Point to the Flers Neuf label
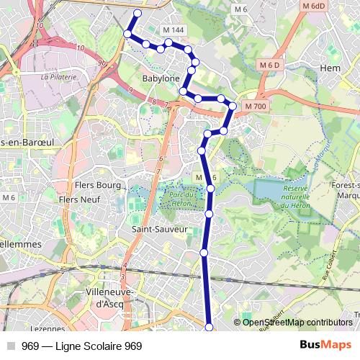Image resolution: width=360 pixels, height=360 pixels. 79,199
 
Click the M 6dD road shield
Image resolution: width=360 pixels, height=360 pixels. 315,6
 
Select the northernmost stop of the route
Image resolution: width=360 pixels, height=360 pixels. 138,13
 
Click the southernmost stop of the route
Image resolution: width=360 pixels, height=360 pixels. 210,328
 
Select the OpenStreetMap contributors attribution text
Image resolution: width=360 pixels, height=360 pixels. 298,323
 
